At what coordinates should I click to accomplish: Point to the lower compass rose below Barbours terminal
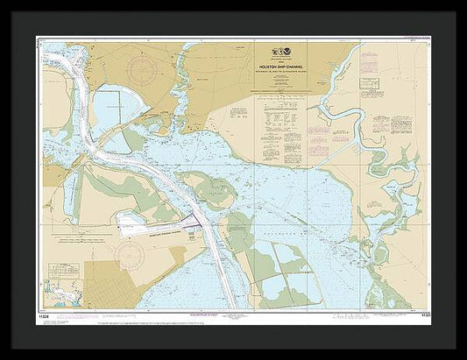pyautogui.click(x=129, y=256)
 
